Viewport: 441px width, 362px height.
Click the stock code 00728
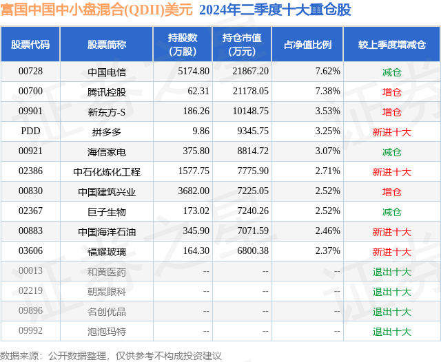point(30,72)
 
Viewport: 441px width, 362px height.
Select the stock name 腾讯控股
point(107,92)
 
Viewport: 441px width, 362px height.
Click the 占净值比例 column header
point(307,45)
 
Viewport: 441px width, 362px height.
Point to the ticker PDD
point(30,131)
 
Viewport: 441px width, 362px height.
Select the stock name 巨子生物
point(107,211)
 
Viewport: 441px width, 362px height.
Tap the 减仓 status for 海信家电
point(391,151)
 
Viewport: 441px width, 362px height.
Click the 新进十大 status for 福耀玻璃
point(391,251)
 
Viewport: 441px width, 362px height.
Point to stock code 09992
point(30,331)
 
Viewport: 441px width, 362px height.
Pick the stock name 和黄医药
point(107,271)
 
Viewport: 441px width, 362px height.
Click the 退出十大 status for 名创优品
point(391,311)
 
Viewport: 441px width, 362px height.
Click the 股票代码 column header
point(30,45)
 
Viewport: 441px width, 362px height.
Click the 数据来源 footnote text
point(111,355)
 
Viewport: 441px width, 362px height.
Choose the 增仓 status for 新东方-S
point(391,111)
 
